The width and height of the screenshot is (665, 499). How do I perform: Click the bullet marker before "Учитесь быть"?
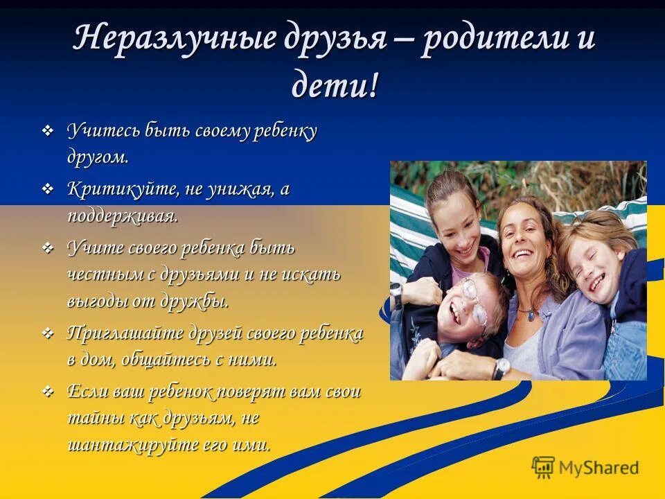[x=48, y=130]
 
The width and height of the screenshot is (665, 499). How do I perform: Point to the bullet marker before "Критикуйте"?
[x=48, y=189]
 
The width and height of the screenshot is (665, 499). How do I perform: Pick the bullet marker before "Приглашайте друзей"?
[x=48, y=333]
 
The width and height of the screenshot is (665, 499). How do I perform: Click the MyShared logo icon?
[x=543, y=467]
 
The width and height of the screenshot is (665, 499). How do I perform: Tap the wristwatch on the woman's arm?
[x=501, y=367]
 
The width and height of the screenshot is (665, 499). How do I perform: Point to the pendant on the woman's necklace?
[x=530, y=315]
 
